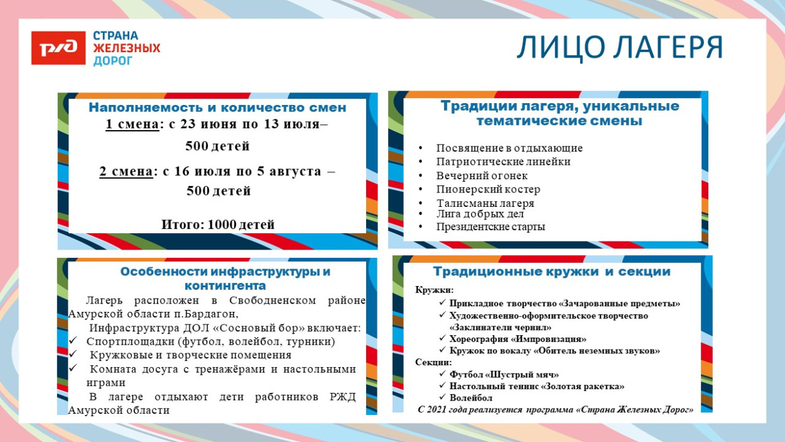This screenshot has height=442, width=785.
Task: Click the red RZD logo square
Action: [x=58, y=48]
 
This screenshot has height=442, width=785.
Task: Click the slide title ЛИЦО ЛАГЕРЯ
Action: [x=619, y=48]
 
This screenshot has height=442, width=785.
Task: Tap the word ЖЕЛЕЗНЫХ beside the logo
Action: [x=126, y=48]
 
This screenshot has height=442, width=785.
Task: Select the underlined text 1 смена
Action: [x=132, y=124]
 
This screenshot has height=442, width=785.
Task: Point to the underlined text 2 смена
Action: [x=126, y=171]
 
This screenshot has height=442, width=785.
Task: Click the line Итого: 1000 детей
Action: [x=218, y=224]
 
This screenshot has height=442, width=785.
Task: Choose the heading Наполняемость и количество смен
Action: [x=217, y=108]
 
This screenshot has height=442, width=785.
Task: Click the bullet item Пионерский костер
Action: [x=488, y=189]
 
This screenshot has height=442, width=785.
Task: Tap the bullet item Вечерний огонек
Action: [x=482, y=176]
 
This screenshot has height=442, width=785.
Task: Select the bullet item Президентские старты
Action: [x=490, y=227]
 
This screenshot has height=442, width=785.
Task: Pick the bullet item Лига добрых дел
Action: [x=480, y=214]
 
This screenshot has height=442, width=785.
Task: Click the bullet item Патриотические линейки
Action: [x=503, y=162]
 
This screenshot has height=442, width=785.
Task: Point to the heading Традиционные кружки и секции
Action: [x=551, y=272]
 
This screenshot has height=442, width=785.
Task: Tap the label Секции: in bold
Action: [x=433, y=362]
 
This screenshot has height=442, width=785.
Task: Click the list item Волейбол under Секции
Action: [x=470, y=398]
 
